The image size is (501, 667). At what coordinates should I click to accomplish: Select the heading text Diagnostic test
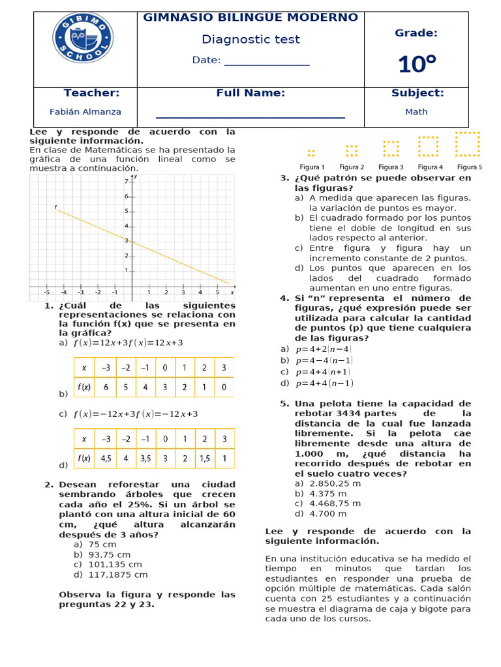[x=250, y=40]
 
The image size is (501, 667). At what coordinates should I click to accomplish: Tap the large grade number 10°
[x=417, y=64]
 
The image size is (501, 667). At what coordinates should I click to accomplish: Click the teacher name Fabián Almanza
[x=85, y=111]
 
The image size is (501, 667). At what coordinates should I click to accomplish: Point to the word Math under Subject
[x=416, y=111]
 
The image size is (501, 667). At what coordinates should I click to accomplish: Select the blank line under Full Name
[x=250, y=116]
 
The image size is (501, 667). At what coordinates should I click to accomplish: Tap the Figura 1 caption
[x=312, y=167]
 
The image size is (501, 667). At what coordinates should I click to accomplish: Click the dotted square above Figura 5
[x=468, y=145]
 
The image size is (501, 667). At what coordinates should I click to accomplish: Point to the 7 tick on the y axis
[x=127, y=180]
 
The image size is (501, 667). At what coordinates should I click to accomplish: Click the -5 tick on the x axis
[x=47, y=292]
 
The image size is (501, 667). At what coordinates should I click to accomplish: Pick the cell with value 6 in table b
[x=106, y=387]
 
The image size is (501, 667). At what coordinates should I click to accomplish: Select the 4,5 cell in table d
[x=106, y=458]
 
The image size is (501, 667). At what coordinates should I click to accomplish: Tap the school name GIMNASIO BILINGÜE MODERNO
[x=250, y=18]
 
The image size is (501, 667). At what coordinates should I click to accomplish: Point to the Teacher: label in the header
[x=91, y=93]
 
